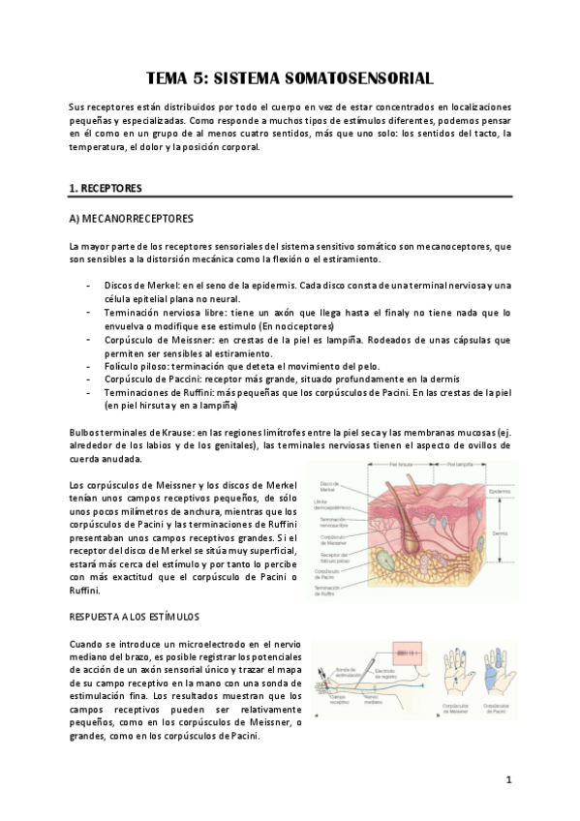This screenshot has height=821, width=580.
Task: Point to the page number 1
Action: [x=508, y=779]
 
